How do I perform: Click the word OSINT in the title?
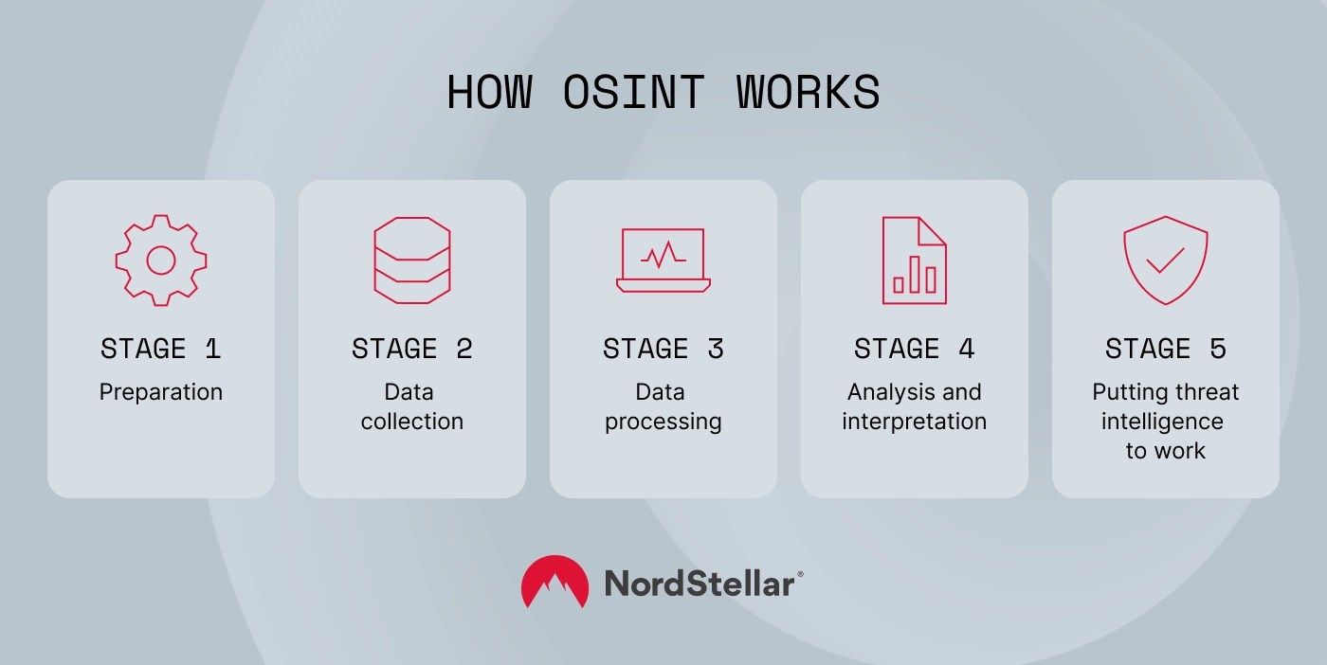point(633,93)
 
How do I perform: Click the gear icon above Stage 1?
point(161,260)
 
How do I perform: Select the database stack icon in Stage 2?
point(412,260)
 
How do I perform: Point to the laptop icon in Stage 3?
point(663,260)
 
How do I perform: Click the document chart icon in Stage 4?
point(914,260)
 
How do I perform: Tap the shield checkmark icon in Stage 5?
point(1165,260)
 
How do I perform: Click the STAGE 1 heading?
point(161,349)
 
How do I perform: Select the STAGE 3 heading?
point(663,349)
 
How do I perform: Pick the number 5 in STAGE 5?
point(1217,349)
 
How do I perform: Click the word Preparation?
point(161,392)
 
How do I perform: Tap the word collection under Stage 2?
point(412,422)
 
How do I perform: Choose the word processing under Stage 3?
point(663,422)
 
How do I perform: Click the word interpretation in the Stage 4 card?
point(914,422)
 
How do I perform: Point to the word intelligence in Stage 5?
point(1162,422)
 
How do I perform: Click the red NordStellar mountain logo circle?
point(554,582)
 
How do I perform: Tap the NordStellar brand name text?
point(700,584)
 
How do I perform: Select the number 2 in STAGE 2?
point(464,349)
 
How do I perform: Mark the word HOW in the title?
point(489,93)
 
